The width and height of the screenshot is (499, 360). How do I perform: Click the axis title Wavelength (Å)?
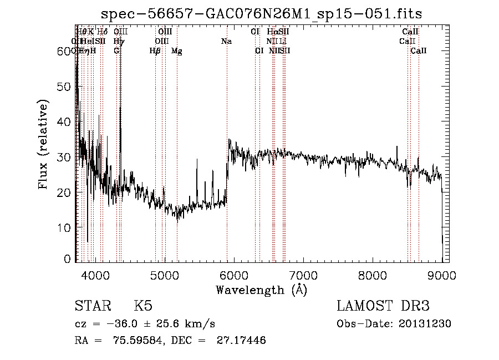(x=261, y=290)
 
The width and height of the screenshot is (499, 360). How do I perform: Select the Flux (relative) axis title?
(x=43, y=144)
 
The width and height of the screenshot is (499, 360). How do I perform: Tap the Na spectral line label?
(x=226, y=41)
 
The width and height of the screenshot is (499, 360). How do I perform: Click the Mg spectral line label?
(x=176, y=51)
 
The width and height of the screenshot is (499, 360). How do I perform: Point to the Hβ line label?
(x=155, y=51)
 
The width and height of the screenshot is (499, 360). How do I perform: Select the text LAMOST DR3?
(x=383, y=306)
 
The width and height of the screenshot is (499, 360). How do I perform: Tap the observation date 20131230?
(x=425, y=324)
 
